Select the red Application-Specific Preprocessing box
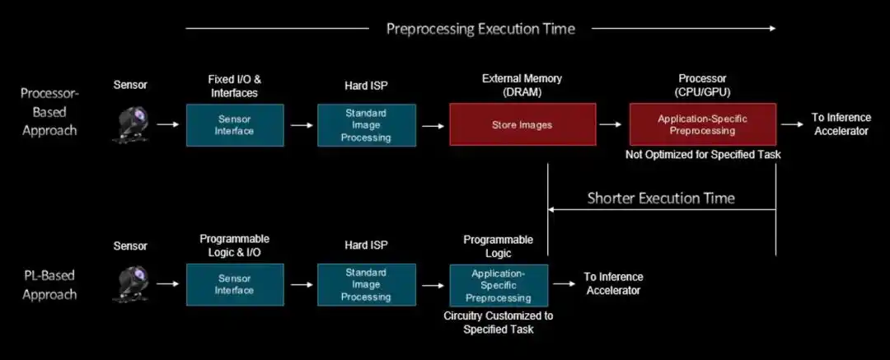pos(702,124)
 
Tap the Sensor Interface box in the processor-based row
pos(234,125)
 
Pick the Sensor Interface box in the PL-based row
pos(234,284)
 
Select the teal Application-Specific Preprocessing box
pos(498,285)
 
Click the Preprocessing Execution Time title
pos(480,29)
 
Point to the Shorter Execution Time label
pos(661,198)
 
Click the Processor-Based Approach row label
pos(49,111)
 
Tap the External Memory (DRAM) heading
pos(522,86)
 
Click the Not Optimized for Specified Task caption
pos(702,155)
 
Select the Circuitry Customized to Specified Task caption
pos(498,322)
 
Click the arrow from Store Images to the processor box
pos(611,124)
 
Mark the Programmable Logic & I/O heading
pos(234,245)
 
